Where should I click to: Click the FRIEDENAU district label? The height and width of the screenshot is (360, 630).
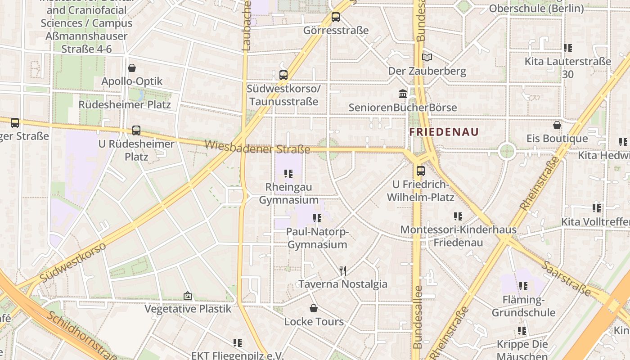point(444,132)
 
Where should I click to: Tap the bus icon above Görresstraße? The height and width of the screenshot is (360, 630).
point(336,18)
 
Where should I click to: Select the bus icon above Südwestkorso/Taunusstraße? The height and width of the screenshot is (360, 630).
point(283,75)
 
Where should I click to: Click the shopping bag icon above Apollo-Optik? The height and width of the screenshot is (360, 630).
point(132,68)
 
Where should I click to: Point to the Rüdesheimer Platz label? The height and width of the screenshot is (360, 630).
point(125,104)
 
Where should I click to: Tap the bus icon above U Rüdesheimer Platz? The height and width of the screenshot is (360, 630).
point(136,130)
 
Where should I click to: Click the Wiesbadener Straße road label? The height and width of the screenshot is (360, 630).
point(257,147)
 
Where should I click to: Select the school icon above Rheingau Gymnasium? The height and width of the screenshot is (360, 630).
point(288,173)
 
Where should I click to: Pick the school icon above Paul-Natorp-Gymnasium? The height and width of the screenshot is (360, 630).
point(317,218)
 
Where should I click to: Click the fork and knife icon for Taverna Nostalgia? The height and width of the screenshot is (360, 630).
point(343,270)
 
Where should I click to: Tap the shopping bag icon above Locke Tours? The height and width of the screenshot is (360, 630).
point(314,308)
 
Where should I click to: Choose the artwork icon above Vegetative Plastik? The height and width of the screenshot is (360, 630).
point(188,296)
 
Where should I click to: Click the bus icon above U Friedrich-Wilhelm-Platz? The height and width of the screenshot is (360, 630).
point(421,171)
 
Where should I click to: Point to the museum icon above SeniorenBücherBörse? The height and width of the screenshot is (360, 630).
point(403,94)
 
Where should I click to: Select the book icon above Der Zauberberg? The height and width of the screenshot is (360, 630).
point(427,58)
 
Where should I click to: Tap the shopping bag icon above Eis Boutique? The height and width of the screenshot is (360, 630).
point(557,125)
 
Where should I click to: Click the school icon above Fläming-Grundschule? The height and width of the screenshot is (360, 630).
point(523,286)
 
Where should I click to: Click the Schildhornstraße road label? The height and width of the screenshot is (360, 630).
point(81,335)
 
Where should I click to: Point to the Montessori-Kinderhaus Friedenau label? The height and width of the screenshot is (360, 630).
point(458,236)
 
